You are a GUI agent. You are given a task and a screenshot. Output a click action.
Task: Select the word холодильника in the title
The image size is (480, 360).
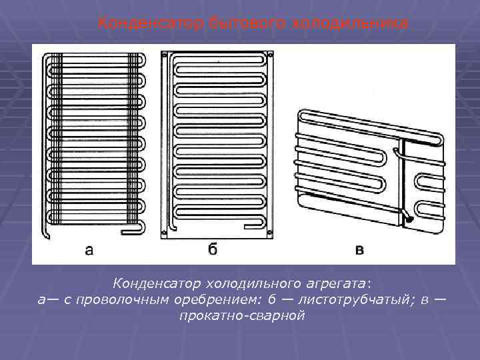point(349,23)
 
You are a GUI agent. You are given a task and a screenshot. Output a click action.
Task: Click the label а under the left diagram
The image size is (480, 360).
point(89,251)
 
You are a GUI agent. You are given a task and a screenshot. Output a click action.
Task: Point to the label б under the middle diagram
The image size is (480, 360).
point(213,251)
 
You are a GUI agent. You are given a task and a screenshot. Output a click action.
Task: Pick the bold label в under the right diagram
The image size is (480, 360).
point(360,251)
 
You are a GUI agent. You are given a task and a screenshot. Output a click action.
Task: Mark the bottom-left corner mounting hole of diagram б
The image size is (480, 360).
point(164,233)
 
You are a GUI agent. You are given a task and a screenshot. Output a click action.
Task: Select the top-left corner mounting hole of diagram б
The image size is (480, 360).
point(164,55)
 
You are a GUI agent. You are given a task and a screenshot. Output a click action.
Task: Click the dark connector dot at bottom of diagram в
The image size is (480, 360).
point(408,218)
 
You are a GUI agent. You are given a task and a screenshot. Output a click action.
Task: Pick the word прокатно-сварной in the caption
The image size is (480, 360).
point(241,315)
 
